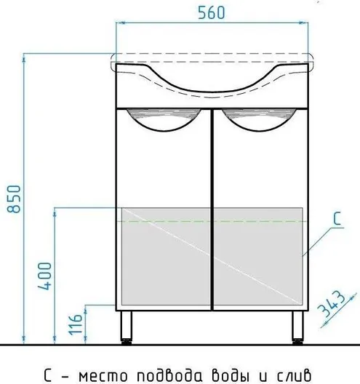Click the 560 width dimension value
click(x=211, y=13)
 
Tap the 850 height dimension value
click(x=14, y=199)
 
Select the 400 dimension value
click(x=44, y=276)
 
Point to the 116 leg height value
click(x=75, y=324)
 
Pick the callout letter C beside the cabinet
click(x=337, y=218)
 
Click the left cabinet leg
click(x=126, y=327)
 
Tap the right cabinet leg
click(x=297, y=327)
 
